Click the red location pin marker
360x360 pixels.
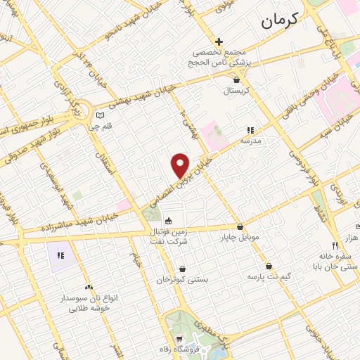click(181, 165)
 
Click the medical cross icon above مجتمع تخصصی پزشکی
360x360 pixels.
click(219, 41)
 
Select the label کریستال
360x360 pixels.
click(237, 91)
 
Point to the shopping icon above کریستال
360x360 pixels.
click(237, 80)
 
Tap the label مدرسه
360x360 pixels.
click(250, 141)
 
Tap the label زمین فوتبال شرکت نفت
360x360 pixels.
click(169, 235)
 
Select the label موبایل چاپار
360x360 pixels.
click(241, 237)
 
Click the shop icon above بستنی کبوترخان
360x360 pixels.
click(183, 269)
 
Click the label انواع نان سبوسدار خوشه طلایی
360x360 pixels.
click(89, 302)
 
